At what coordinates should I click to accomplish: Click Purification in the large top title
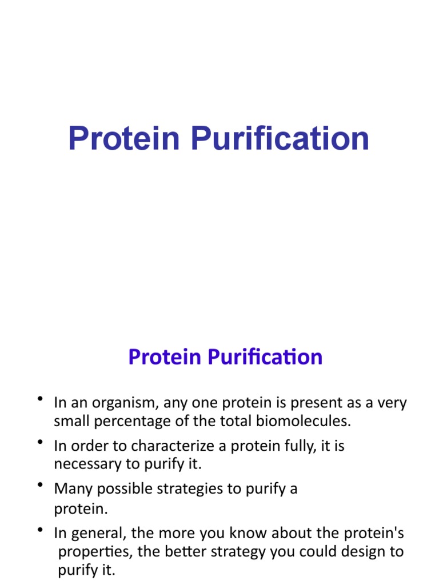tap(280, 139)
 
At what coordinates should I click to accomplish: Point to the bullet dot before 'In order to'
tap(39, 442)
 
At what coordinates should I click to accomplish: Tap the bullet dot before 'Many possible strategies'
tap(39, 485)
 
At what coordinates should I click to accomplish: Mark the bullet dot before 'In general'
tap(39, 530)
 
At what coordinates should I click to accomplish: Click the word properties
tap(93, 552)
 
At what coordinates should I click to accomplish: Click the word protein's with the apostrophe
tap(374, 534)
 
